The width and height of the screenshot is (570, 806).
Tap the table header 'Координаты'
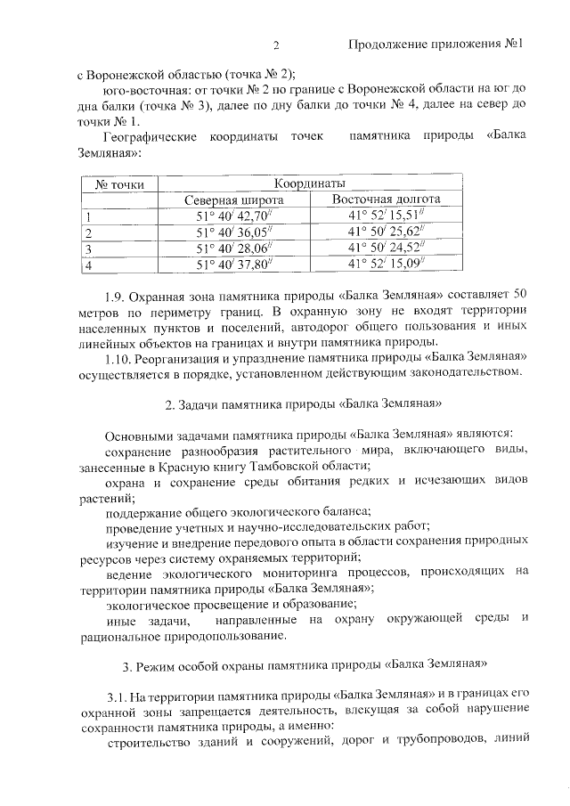point(311,183)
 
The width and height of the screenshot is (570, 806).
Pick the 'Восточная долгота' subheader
point(387,199)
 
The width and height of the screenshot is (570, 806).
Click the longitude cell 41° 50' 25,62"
point(387,232)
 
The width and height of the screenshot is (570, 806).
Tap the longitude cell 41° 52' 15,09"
point(387,265)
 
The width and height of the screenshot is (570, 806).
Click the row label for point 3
point(87,249)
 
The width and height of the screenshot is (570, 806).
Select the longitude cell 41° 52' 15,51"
point(387,216)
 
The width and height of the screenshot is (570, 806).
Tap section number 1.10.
point(118,358)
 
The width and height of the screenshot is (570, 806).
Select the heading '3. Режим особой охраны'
point(303,664)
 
